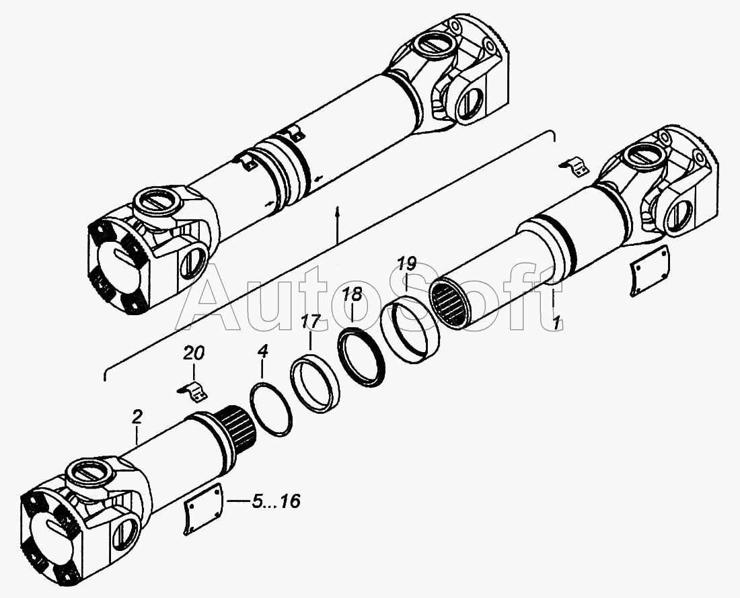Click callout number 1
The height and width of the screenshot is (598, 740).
(558, 323)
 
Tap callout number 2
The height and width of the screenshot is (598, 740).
(137, 417)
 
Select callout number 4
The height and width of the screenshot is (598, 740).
(263, 351)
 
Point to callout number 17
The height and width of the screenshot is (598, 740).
(311, 323)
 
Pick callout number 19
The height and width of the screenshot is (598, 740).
(406, 264)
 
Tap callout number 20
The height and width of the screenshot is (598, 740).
(194, 353)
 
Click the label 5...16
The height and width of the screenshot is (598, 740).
(276, 501)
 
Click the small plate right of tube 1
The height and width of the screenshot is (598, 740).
(650, 271)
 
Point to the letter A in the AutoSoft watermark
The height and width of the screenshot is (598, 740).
(218, 297)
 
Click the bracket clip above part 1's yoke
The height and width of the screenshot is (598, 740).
(575, 167)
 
